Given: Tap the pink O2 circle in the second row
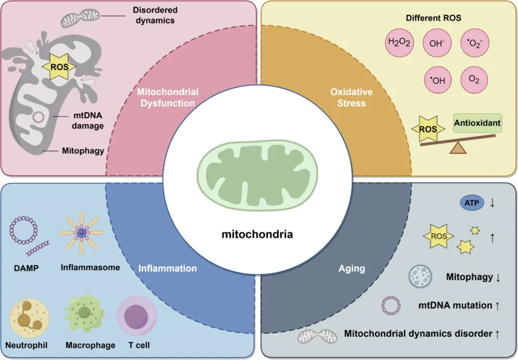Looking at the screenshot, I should tap(474, 80).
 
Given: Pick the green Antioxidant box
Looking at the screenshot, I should tap(477, 123).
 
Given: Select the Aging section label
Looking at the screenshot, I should tap(352, 268).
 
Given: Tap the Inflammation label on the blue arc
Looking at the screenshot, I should tap(168, 268).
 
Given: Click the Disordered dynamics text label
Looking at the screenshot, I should tap(154, 15).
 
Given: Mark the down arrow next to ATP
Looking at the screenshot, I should tap(492, 203).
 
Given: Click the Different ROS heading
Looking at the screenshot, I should tap(434, 18).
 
